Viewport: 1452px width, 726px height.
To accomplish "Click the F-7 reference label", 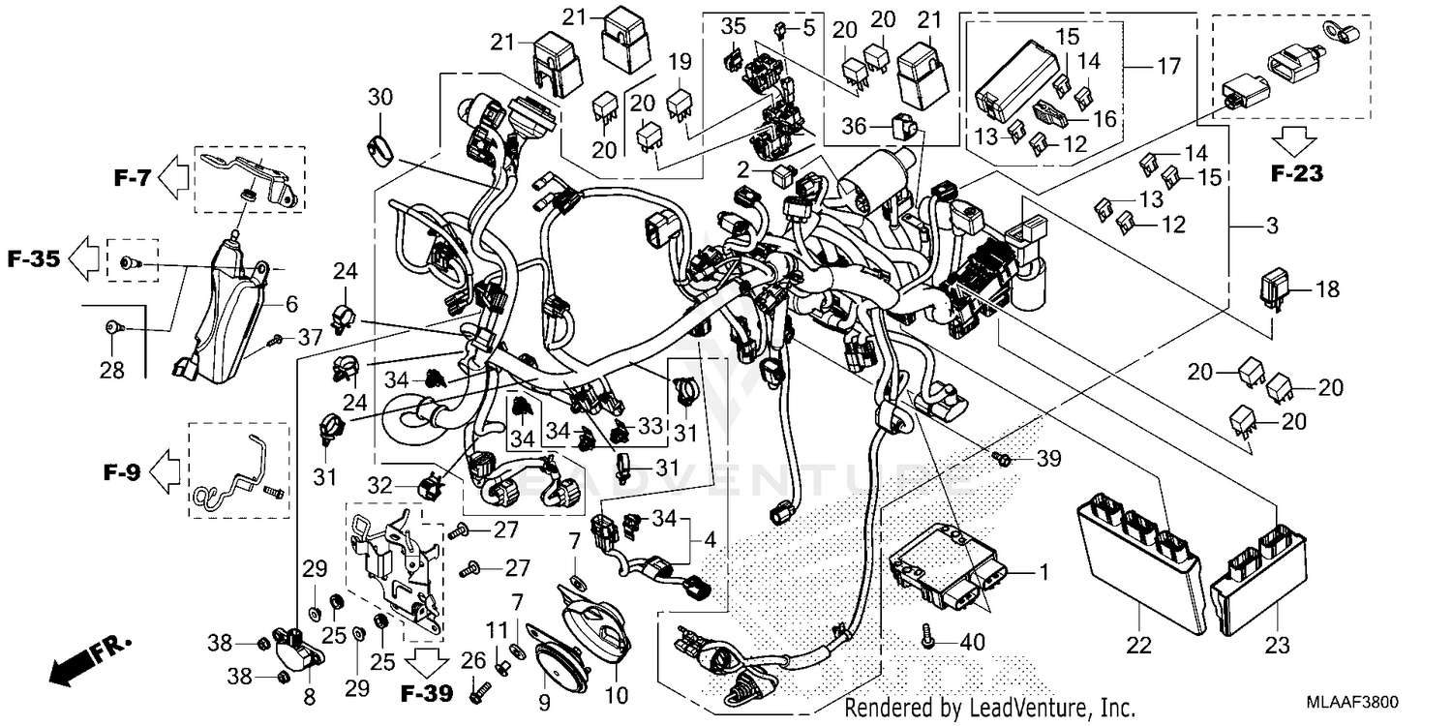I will (134, 177).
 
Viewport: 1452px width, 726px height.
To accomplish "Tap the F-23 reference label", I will (1296, 175).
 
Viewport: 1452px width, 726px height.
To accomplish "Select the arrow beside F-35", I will (84, 259).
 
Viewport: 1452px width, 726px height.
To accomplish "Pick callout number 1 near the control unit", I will (1043, 573).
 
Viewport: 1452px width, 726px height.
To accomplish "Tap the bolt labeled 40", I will (928, 637).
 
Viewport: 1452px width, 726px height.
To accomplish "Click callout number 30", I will (380, 98).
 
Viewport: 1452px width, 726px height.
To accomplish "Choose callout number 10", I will (617, 695).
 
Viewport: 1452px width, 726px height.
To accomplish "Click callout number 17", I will (1168, 67).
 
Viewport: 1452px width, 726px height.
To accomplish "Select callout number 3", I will (1271, 226).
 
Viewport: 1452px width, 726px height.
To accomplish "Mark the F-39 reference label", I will (426, 694).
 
